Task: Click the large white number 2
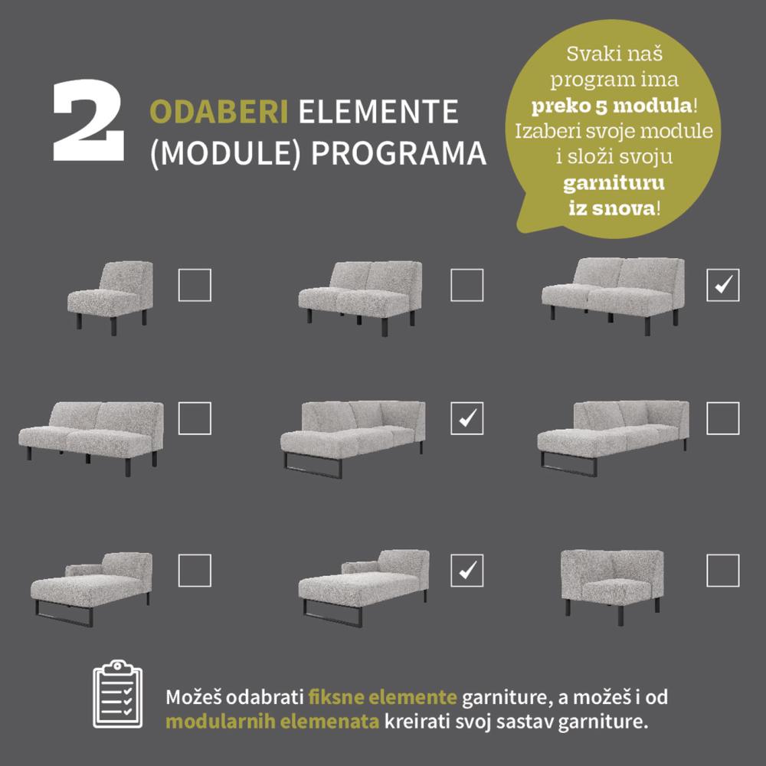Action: point(88,120)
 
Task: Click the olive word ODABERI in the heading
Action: point(219,112)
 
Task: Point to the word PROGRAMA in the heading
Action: point(398,153)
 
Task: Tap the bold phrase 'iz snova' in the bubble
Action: point(614,208)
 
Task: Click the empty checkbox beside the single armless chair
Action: point(195,285)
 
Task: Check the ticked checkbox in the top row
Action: point(722,285)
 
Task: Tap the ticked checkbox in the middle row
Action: point(466,418)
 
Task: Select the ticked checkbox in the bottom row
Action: point(466,570)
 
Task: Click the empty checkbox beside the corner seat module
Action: point(722,570)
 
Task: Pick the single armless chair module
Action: point(110,298)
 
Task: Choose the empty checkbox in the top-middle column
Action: point(466,285)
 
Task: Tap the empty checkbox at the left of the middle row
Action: point(195,418)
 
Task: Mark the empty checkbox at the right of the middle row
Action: point(722,418)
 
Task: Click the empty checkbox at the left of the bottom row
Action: point(195,570)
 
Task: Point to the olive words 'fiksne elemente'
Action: point(382,696)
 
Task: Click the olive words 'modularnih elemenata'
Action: point(272,722)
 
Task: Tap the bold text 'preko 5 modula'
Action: point(611,106)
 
